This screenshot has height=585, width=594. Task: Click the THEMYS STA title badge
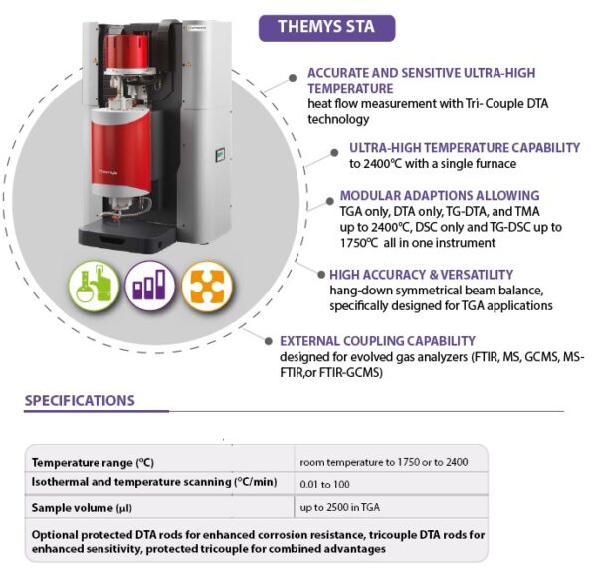coord(327,28)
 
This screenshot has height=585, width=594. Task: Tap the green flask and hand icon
coord(94,287)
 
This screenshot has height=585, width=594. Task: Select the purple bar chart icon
coord(150,286)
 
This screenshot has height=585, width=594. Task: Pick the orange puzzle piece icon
coord(207,287)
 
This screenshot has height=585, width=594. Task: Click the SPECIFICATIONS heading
coord(80,401)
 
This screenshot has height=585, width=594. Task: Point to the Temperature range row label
coord(93,463)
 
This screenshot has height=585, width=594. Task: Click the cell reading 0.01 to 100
coord(324,484)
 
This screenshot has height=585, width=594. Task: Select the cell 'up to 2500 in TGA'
coord(340,507)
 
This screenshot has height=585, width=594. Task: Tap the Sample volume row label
coord(82,508)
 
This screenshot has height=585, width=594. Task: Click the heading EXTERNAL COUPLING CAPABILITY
coord(377,341)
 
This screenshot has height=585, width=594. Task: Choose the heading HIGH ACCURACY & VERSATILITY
coord(421,274)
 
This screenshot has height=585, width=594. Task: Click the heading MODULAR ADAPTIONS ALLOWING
coord(440,196)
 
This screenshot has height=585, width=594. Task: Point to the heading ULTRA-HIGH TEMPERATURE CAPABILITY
coord(465,148)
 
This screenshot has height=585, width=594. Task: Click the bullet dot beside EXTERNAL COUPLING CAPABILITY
coord(269,341)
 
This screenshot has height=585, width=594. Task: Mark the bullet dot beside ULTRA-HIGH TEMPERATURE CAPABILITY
coord(334,152)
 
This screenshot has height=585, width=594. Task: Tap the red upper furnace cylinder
coord(127,53)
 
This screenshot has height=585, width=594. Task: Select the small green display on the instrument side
coord(220,155)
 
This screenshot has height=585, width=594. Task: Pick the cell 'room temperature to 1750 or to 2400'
coord(384,462)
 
